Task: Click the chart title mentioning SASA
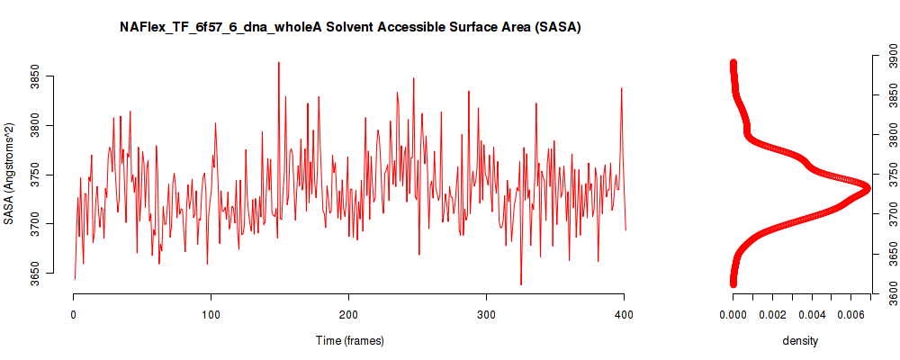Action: [350, 28]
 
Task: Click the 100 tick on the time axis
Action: [211, 314]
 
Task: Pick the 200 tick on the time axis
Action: [348, 314]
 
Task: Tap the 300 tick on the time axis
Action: [486, 314]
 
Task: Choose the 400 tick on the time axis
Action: [624, 314]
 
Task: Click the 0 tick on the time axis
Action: [74, 314]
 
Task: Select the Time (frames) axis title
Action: [349, 340]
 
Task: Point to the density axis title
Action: [800, 340]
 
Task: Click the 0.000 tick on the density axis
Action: [733, 314]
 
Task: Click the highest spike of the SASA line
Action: [279, 62]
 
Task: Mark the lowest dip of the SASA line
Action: [521, 284]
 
